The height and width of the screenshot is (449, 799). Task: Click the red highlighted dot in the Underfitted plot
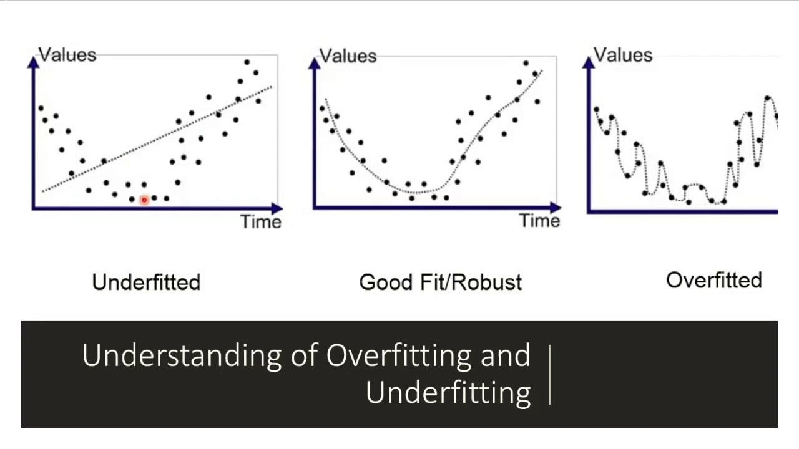(144, 200)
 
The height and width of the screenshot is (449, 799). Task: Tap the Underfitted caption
(146, 282)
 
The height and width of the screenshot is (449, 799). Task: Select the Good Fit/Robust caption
(440, 282)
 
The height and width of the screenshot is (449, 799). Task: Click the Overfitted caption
(714, 281)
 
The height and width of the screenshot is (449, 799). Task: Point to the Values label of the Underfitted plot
(67, 55)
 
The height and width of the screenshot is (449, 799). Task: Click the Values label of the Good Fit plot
(348, 56)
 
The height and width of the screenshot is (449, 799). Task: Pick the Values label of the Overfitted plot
(623, 55)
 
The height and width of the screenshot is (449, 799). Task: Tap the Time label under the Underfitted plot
(261, 222)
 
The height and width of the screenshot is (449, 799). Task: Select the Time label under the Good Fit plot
(540, 221)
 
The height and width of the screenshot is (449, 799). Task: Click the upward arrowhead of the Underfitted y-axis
(34, 62)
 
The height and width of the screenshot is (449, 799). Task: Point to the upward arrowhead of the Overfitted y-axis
(589, 62)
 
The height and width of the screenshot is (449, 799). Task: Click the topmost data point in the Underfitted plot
(247, 62)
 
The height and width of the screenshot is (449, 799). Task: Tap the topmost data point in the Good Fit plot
(526, 64)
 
